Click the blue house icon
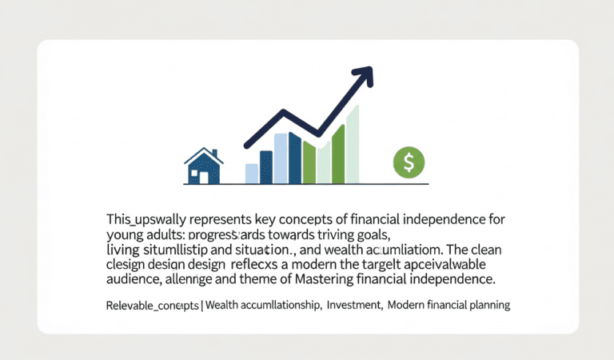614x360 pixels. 203,166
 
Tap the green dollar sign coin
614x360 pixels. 409,163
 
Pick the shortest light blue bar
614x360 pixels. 252,174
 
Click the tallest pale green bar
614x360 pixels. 353,144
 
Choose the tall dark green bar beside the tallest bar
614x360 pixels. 337,154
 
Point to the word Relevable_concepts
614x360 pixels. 151,306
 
